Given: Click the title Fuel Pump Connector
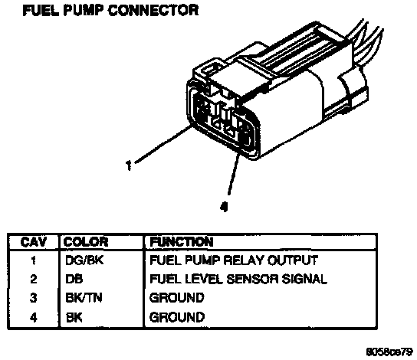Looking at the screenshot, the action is (x=110, y=11).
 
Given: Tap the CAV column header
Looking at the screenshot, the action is (x=33, y=242).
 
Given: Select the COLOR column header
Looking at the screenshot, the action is (x=86, y=242).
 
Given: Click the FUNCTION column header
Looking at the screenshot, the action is (x=182, y=242).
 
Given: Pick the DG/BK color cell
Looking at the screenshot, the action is (x=84, y=260).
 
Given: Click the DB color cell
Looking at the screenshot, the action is (x=74, y=279).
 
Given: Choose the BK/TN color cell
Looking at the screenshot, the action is (x=84, y=298).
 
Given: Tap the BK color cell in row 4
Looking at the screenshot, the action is (x=74, y=317).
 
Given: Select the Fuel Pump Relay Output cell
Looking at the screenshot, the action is (x=234, y=260).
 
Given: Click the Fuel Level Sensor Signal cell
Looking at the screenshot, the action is (x=238, y=279).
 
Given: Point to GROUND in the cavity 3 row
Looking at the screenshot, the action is (x=177, y=298).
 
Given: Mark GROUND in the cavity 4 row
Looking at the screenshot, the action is (x=177, y=317).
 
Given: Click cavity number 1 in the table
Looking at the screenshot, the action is (x=33, y=260).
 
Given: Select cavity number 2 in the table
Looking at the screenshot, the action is (x=33, y=279).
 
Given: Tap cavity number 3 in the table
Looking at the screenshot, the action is (x=33, y=298).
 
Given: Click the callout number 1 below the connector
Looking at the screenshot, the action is (x=129, y=165).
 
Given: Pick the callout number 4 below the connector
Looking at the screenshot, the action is (x=224, y=207).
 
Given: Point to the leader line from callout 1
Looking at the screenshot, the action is (x=163, y=144).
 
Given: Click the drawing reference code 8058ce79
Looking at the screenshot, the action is (x=389, y=352).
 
